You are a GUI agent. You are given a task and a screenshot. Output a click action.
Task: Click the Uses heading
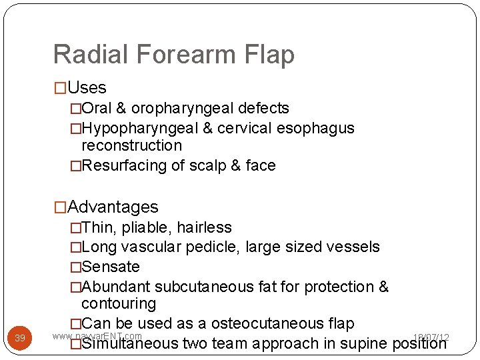pyautogui.click(x=87, y=87)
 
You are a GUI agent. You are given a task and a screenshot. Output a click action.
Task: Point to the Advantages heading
pyautogui.click(x=113, y=207)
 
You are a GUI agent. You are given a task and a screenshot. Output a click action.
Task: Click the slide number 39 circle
pyautogui.click(x=20, y=339)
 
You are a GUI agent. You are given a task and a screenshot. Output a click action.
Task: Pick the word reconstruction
pyautogui.click(x=131, y=145)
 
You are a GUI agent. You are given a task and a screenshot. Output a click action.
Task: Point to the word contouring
pyautogui.click(x=119, y=304)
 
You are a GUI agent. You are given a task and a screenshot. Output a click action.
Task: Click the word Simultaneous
pyautogui.click(x=130, y=344)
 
